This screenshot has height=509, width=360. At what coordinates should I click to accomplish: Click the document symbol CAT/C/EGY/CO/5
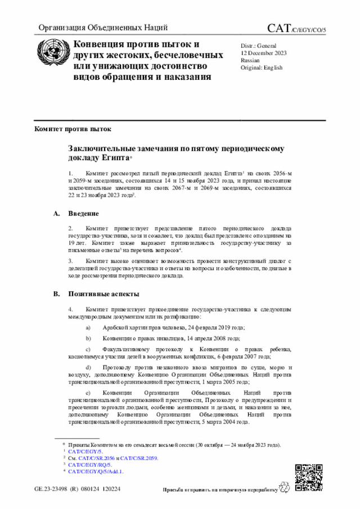point(300,28)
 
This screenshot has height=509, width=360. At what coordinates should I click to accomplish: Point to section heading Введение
point(84,214)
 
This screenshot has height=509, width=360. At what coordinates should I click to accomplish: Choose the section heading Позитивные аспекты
point(104,294)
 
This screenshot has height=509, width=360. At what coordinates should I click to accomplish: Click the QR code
point(309,478)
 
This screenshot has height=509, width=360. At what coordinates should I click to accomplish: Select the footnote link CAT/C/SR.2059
point(139,458)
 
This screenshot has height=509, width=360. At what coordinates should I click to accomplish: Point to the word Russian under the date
point(250,60)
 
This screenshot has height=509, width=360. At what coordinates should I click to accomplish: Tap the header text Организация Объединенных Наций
point(102,28)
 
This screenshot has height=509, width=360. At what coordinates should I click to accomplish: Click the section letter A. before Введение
point(56,214)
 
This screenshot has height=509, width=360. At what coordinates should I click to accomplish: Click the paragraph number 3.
point(70,261)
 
